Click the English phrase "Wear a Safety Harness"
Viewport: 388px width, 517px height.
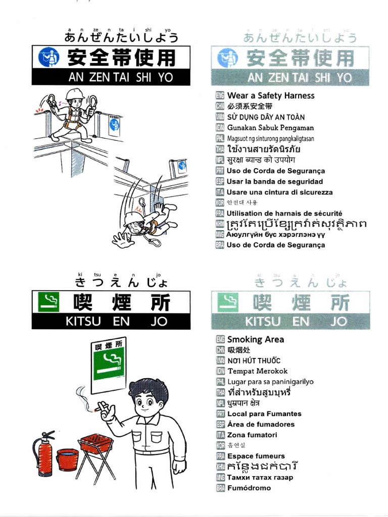pos(270,95)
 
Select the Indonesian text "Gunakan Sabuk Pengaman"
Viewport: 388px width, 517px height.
pos(270,128)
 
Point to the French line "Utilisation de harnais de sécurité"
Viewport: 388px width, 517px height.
pos(284,214)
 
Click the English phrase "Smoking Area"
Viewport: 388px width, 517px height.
pos(255,339)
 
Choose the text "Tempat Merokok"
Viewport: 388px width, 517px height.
pos(257,371)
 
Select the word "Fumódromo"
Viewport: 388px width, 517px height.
pos(249,488)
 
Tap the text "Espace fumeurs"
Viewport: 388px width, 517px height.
pos(256,456)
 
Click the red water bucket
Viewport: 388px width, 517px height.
pos(67,459)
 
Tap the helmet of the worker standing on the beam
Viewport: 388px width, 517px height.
pos(74,94)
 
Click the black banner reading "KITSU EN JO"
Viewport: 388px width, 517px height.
pos(111,321)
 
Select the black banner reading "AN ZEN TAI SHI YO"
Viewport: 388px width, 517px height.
pos(111,77)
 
